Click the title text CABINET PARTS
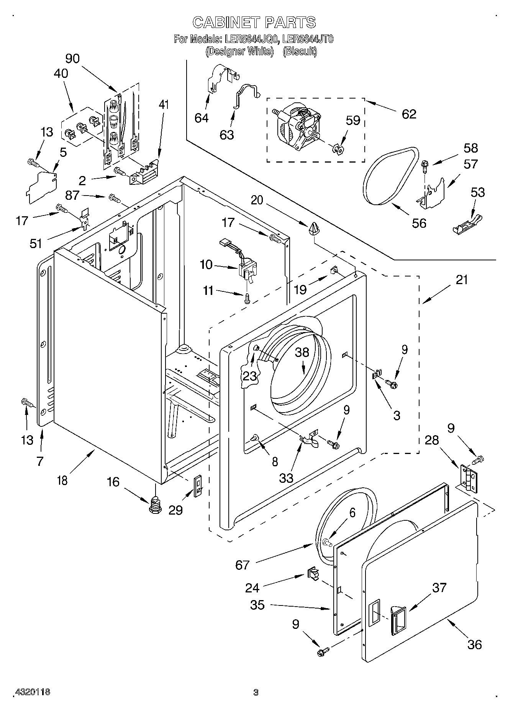[x=254, y=23]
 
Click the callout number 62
[x=409, y=114]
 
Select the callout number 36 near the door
[x=474, y=645]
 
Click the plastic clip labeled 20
[x=313, y=229]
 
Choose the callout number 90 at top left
[x=72, y=59]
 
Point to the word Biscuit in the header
[x=300, y=51]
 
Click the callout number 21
[x=462, y=280]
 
